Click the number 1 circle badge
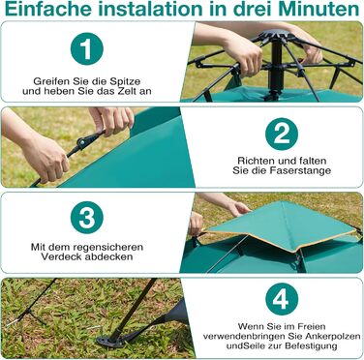(x=87, y=48)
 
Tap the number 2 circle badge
(x=282, y=134)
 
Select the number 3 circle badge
(x=87, y=218)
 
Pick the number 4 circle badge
(x=282, y=299)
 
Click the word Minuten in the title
(x=318, y=9)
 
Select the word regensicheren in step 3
(x=108, y=248)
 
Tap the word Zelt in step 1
(x=129, y=91)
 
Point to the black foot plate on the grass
(x=109, y=342)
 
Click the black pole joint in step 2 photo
(x=83, y=142)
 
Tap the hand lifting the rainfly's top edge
(x=238, y=209)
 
